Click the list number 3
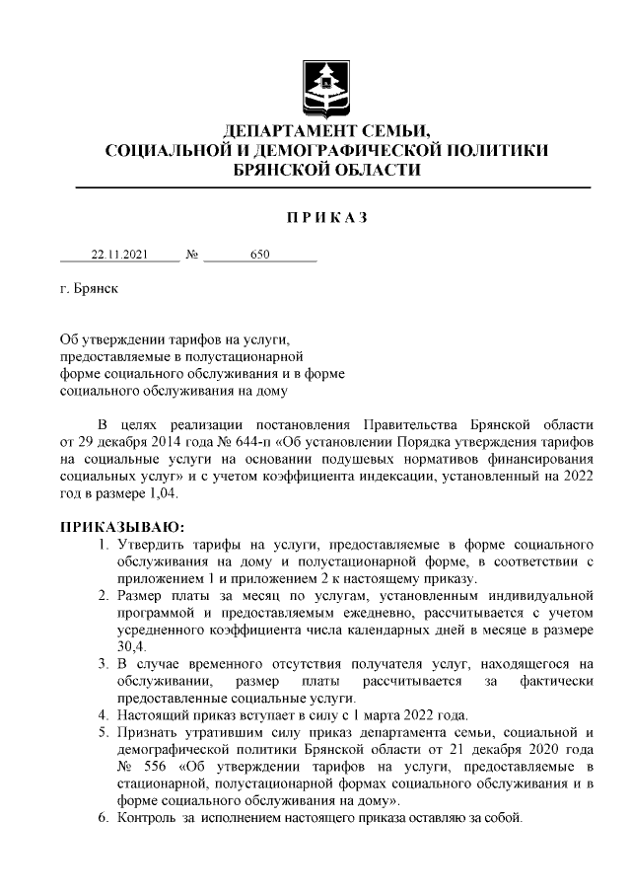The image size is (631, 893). pos(103,664)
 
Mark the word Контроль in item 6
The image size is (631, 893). pos(145,820)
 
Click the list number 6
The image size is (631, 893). pos(103,820)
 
